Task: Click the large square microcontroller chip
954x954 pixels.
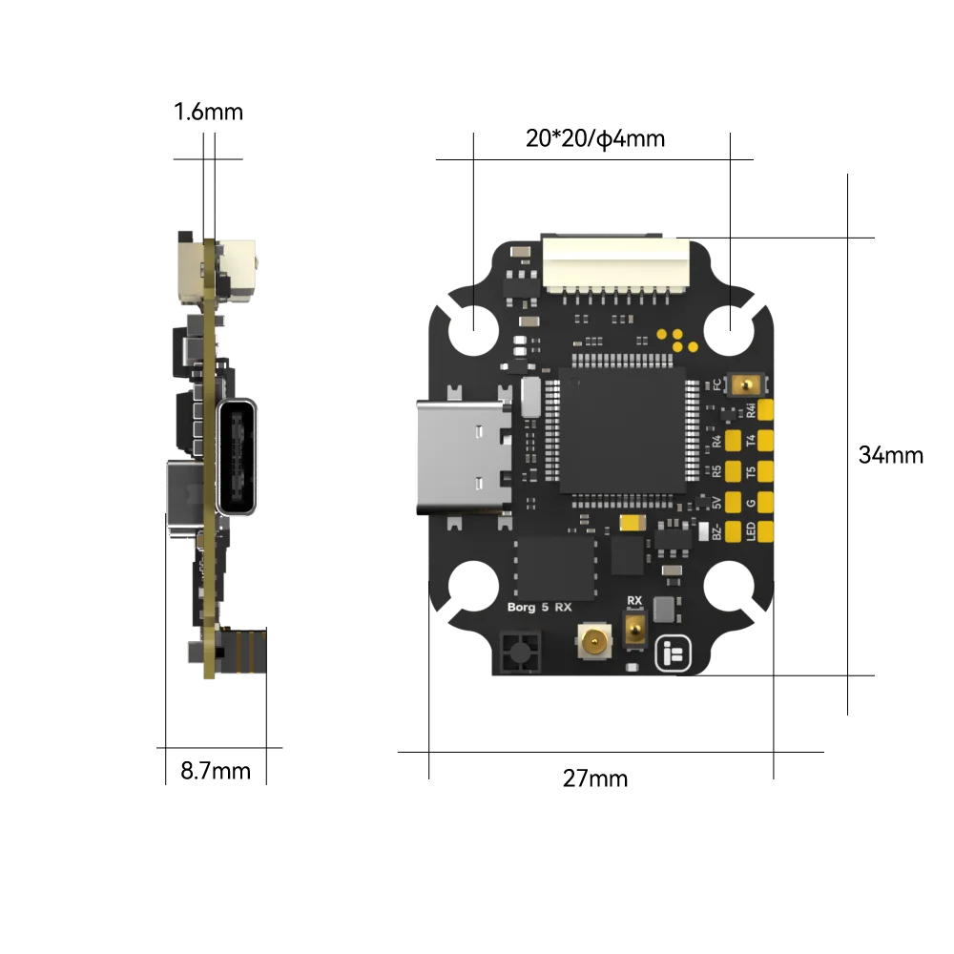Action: (x=622, y=430)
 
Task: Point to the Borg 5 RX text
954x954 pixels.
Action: (x=537, y=606)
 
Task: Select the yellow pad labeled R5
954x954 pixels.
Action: (x=735, y=471)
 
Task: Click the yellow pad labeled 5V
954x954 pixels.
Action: (x=735, y=502)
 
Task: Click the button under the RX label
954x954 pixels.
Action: (x=633, y=629)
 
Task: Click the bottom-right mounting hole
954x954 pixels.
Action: (x=729, y=584)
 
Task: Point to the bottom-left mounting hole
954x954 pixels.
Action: (x=472, y=585)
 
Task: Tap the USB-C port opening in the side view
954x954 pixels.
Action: (x=237, y=457)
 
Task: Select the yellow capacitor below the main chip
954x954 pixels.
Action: (x=632, y=522)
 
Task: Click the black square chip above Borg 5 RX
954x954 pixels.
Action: (x=555, y=567)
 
